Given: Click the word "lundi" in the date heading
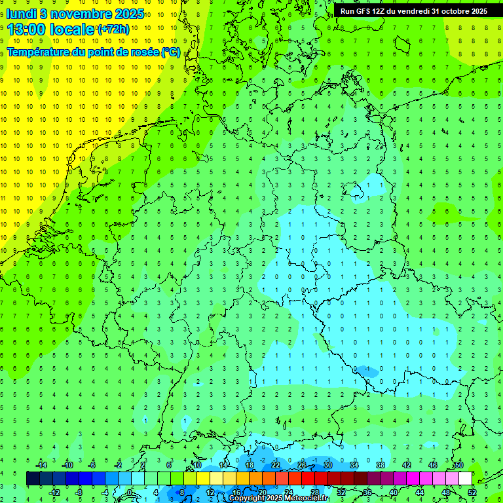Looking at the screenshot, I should point(22,14).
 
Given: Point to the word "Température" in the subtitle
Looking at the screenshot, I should point(39,52).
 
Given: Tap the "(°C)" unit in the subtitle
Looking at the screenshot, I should point(171,52).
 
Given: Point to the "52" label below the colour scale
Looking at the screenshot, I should point(472,492).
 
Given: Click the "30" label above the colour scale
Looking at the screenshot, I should point(328,465).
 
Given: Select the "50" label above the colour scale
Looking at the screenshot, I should point(458,465).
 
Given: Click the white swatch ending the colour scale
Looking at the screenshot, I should point(465,479).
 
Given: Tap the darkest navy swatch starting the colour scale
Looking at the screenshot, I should point(33,479).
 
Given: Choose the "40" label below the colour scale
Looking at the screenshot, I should point(393,492).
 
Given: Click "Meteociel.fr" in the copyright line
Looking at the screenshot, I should point(306,498).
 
